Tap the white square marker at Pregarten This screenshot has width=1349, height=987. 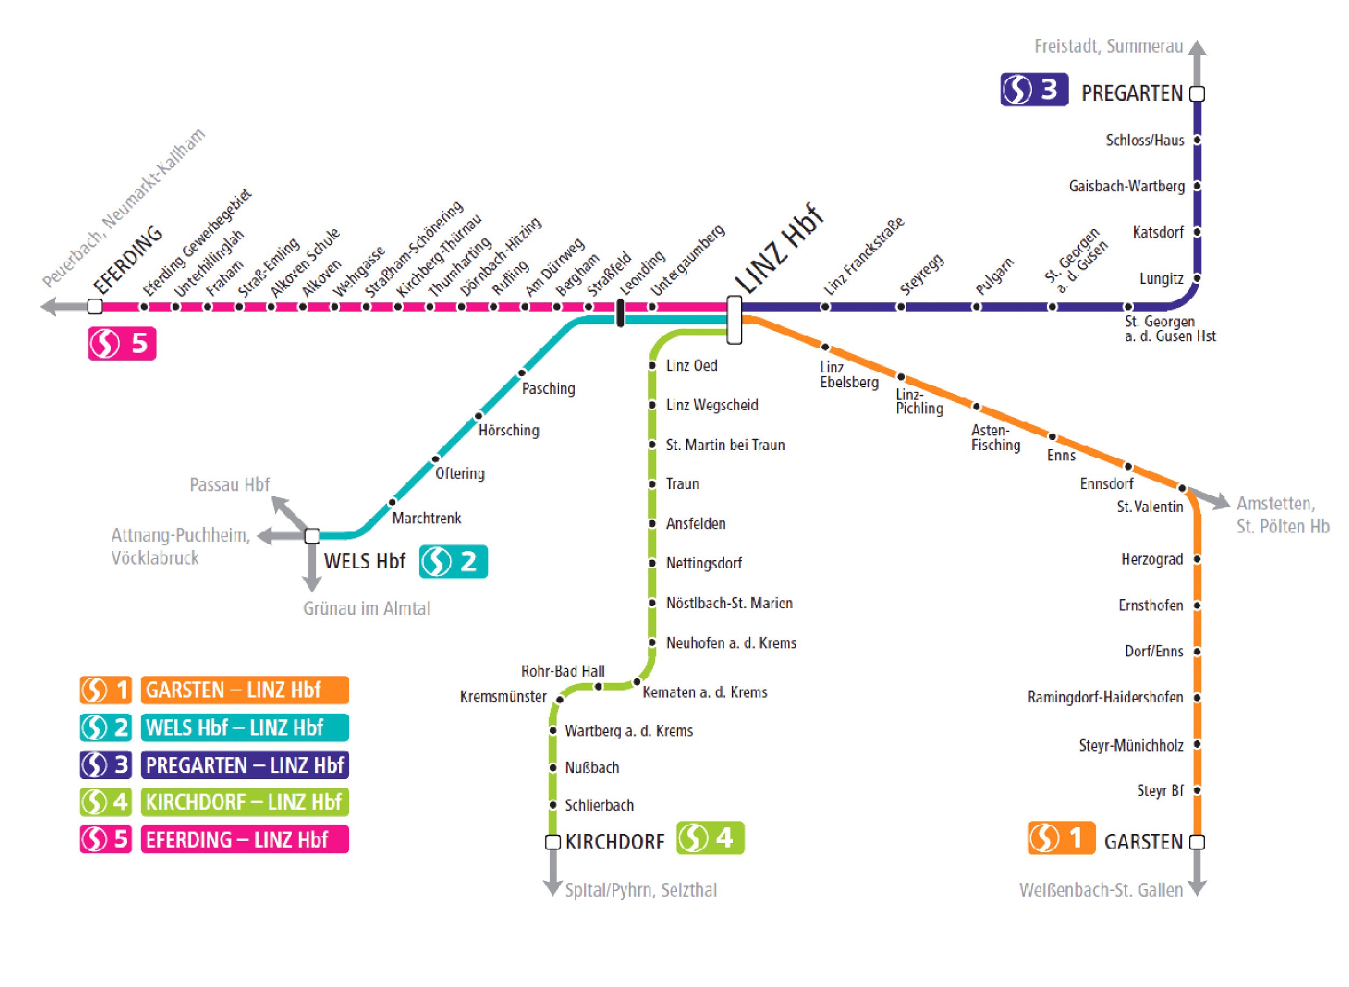pos(1196,94)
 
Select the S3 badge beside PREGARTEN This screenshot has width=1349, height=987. pos(1034,89)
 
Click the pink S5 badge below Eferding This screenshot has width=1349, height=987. pos(122,343)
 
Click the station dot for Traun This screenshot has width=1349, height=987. pos(652,484)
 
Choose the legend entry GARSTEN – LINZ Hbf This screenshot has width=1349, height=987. pos(244,690)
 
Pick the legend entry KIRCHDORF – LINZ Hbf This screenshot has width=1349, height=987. pos(244,802)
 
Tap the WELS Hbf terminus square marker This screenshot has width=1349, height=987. pos(312,536)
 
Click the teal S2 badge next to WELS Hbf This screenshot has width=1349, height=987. pos(453,562)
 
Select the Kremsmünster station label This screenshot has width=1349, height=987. pos(503,696)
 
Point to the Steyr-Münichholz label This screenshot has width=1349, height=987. pos(1130,746)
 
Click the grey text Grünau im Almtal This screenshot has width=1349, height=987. pos(366,609)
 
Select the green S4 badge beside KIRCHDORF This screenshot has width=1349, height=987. pos(710,838)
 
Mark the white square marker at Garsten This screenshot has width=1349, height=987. pos(1196,842)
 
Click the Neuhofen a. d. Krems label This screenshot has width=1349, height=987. pos(731,644)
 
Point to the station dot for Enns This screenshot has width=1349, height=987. pos(1052,437)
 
